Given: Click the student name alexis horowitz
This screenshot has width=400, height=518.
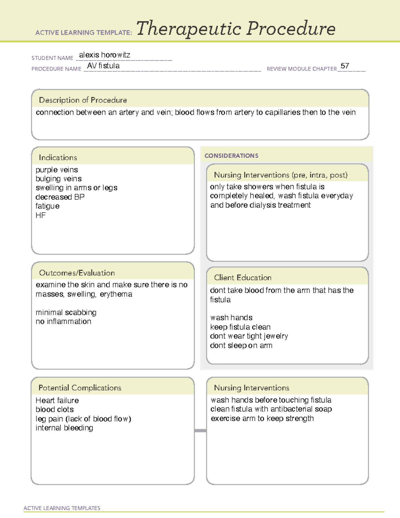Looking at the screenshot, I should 104,55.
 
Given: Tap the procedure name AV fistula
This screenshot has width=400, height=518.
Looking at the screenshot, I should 103,66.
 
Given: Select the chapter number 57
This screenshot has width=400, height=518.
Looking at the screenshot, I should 345,66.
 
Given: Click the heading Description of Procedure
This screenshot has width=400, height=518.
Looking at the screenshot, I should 83,100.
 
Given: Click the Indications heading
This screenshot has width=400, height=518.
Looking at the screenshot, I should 58,157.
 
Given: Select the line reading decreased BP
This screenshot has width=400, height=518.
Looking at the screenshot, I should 60,197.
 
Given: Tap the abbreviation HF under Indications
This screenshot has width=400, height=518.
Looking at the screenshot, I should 41,215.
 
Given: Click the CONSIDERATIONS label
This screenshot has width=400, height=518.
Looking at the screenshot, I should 231,156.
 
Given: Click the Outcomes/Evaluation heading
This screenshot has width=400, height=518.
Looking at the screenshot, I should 77,273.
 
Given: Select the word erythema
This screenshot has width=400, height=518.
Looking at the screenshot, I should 116,294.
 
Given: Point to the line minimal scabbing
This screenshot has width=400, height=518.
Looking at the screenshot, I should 66,313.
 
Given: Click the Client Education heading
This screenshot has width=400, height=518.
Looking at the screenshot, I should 243,278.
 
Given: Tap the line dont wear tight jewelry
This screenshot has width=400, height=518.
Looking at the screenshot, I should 249,336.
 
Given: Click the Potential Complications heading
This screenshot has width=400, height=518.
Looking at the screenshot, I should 80,388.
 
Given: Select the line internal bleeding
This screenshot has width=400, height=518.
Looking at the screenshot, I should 64,428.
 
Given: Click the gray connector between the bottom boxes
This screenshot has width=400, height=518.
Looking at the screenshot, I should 200,431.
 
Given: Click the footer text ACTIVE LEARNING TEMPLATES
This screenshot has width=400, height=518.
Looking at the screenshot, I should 62,508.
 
